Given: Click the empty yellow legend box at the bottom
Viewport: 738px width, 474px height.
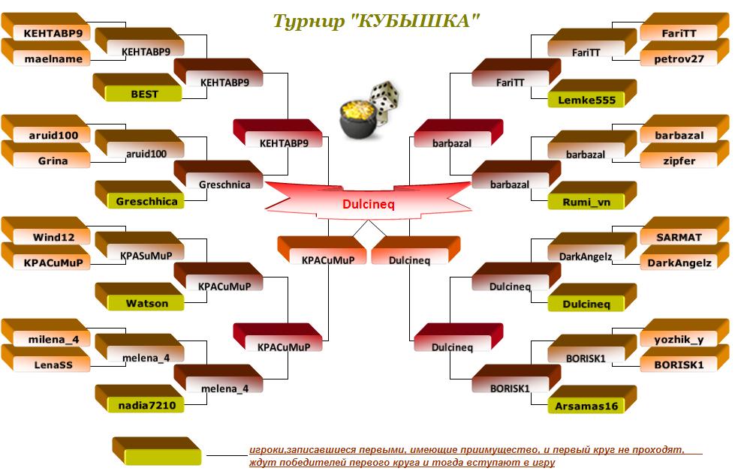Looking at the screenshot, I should point(161,455).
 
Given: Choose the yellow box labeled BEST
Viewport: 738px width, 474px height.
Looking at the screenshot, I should point(144,94).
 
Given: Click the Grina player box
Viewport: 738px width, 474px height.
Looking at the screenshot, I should point(53,160).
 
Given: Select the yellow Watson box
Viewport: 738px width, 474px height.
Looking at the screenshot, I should point(147,303).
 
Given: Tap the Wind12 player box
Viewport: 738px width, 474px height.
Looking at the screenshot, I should point(53,237).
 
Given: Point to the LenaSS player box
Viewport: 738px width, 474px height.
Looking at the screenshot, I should point(53,364).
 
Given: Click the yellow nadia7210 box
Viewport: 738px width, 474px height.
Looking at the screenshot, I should point(147,405).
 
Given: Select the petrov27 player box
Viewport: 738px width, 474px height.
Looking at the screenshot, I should point(679,58).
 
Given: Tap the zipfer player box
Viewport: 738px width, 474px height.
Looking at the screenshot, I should point(679,160).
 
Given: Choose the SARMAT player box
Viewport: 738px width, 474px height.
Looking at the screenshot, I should point(679,237).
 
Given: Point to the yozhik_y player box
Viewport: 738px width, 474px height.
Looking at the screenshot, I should point(679,339).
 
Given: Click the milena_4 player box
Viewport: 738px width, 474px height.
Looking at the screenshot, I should point(53,339).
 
